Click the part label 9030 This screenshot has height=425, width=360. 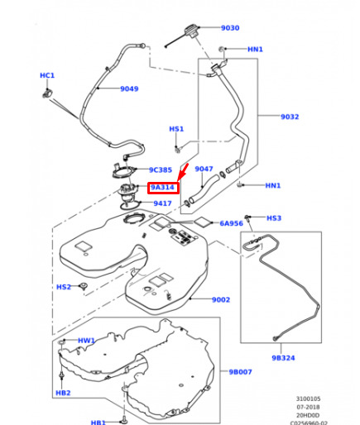click(230, 28)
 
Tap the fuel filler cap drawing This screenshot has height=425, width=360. click(190, 31)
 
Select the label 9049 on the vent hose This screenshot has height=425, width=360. click(129, 88)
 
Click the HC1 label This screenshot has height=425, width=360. click(47, 75)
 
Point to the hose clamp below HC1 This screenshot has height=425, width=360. click(47, 93)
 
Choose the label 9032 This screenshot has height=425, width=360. click(290, 117)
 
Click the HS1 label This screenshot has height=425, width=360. click(176, 129)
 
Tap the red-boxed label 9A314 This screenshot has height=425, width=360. click(163, 188)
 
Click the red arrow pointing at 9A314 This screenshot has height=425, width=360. click(183, 172)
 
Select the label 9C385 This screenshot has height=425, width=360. click(161, 170)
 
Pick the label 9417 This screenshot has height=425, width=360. click(162, 203)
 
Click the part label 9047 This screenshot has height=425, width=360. click(204, 169)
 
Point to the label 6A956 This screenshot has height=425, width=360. click(231, 223)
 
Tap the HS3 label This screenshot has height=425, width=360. click(274, 218)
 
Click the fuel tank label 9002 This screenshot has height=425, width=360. click(221, 299)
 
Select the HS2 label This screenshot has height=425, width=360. click(64, 287)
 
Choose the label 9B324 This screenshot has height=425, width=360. click(283, 358)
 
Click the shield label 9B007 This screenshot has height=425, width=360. click(240, 372)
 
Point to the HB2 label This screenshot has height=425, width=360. click(63, 393)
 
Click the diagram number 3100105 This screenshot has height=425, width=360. click(309, 399)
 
